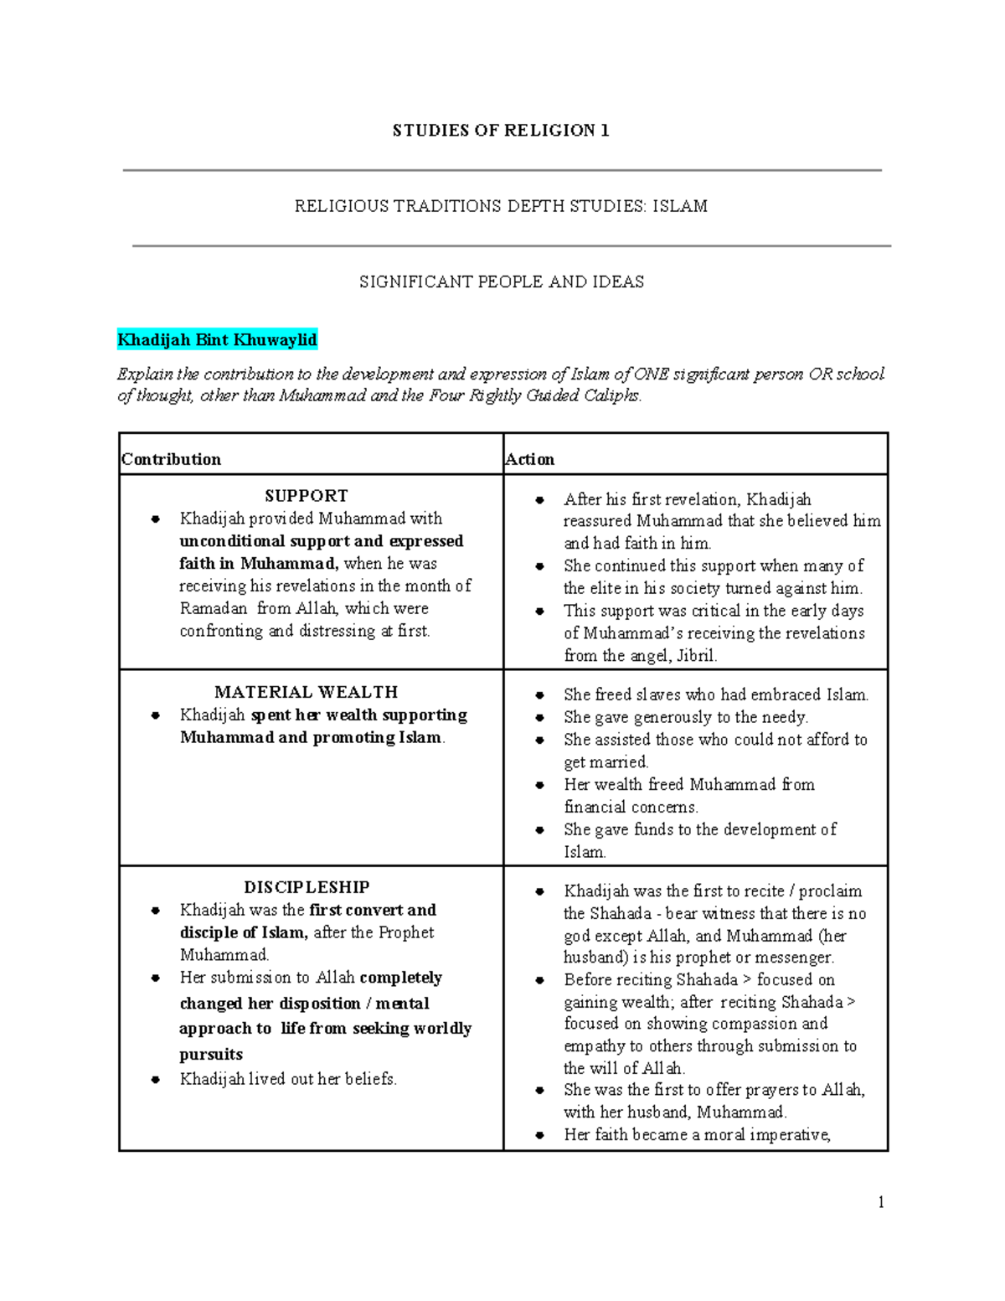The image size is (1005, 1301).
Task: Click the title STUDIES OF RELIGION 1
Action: click(x=501, y=130)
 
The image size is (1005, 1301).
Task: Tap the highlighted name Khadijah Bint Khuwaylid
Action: click(x=217, y=339)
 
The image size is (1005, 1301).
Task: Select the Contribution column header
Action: click(x=172, y=459)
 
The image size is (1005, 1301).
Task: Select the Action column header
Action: click(x=529, y=459)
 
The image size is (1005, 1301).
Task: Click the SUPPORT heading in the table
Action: click(x=306, y=496)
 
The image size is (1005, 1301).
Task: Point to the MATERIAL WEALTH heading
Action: click(x=306, y=692)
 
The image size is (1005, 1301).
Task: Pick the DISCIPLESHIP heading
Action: click(x=307, y=887)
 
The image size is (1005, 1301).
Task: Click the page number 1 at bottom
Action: click(x=881, y=1202)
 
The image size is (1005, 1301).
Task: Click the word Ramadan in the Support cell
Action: click(x=214, y=608)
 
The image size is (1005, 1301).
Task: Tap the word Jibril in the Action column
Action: click(x=696, y=656)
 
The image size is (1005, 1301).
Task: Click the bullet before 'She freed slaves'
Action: click(x=540, y=695)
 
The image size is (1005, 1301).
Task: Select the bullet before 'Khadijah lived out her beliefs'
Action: click(x=156, y=1080)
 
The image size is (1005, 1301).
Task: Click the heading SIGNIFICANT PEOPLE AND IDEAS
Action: click(x=502, y=282)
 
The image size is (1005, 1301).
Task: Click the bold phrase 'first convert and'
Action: click(x=373, y=910)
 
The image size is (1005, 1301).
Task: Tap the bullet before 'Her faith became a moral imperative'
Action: click(x=540, y=1135)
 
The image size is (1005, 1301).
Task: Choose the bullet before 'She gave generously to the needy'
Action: click(x=540, y=718)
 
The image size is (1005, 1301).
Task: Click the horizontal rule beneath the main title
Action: click(x=502, y=171)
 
